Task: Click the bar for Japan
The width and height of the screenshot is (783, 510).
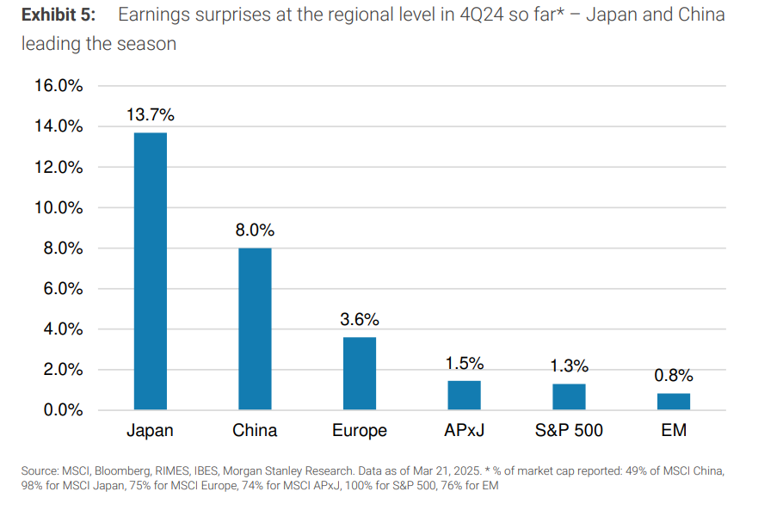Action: (x=151, y=271)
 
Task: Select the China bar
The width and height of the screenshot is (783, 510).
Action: (x=255, y=329)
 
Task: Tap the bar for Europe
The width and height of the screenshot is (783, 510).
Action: (x=360, y=373)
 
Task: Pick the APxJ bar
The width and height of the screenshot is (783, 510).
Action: (x=464, y=395)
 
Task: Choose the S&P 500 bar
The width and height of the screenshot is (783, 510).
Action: (x=568, y=396)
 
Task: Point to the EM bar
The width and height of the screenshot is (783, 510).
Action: (x=673, y=402)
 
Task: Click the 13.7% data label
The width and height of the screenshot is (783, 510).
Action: (x=151, y=114)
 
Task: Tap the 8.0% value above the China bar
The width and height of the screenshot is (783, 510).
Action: (x=255, y=230)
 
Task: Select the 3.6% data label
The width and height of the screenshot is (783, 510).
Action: (x=360, y=319)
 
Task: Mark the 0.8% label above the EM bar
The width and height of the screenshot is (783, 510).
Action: (x=673, y=375)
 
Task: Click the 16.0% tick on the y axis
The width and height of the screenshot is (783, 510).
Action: (x=59, y=86)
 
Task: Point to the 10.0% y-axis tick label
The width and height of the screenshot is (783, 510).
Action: (x=59, y=208)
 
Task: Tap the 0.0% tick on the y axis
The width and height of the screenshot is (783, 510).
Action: (x=62, y=410)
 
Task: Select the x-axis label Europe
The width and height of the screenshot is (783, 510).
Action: (x=360, y=430)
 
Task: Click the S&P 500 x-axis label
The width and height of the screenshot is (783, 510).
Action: (x=568, y=430)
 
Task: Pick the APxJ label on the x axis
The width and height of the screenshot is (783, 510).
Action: (x=464, y=430)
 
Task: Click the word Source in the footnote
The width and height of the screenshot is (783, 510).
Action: (x=40, y=470)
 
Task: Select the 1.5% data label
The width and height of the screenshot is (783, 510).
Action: (x=464, y=363)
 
